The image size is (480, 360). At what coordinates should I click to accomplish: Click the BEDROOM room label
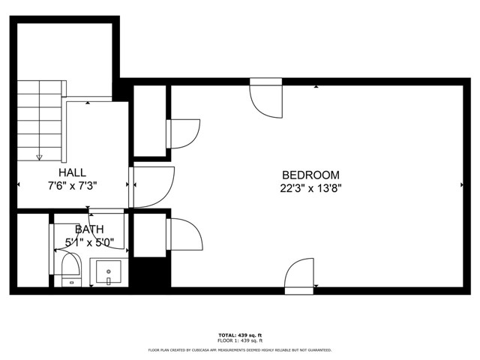pyautogui.click(x=310, y=174)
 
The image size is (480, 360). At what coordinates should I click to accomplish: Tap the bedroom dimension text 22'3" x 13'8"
pyautogui.click(x=310, y=188)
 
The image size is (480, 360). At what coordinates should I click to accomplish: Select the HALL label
pyautogui.click(x=73, y=172)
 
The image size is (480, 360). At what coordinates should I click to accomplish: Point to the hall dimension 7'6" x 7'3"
pyautogui.click(x=73, y=185)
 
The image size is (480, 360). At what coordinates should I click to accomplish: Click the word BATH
pyautogui.click(x=88, y=229)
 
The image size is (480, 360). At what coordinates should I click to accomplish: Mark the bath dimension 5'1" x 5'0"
pyautogui.click(x=88, y=242)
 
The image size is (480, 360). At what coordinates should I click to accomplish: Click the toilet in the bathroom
pyautogui.click(x=70, y=268)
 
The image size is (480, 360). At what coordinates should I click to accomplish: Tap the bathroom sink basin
pyautogui.click(x=109, y=271)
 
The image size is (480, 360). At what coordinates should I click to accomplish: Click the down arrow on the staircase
pyautogui.click(x=39, y=157)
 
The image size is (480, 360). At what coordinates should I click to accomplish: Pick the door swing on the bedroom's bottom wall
pyautogui.click(x=300, y=273)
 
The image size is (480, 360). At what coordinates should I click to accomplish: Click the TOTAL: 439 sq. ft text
pyautogui.click(x=240, y=334)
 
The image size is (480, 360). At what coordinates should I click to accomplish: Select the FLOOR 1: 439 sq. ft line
pyautogui.click(x=240, y=341)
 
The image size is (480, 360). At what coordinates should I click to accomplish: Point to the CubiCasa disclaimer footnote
pyautogui.click(x=240, y=349)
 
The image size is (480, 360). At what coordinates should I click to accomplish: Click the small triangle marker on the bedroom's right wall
pyautogui.click(x=461, y=184)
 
